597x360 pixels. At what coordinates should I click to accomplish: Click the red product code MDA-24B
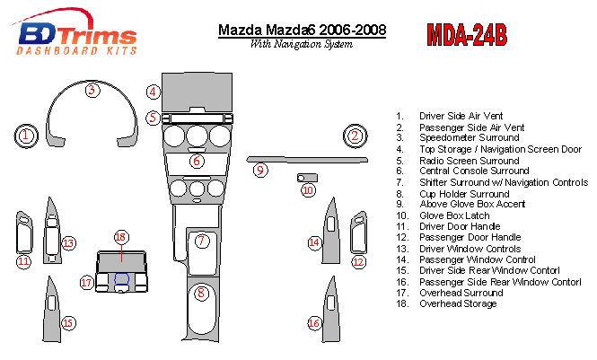467,35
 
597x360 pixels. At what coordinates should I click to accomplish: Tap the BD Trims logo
74,32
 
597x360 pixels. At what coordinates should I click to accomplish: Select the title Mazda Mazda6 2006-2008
302,30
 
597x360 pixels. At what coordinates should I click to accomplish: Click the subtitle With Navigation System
301,44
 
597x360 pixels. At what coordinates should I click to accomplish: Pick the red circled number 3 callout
92,91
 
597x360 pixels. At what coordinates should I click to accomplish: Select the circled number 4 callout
153,92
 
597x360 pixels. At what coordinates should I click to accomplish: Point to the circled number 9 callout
260,170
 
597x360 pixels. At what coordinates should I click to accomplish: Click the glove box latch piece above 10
307,178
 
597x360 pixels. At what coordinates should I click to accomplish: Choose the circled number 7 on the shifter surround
202,241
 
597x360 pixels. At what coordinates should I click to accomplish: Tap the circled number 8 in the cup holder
201,293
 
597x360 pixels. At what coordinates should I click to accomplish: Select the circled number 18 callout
120,237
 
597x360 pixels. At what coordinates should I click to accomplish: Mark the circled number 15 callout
68,323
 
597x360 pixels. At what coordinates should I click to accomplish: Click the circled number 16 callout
314,323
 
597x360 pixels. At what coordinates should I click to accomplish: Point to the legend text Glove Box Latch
454,215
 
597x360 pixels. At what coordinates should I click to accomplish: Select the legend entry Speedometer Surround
470,137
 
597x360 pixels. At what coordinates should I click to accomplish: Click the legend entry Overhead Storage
458,303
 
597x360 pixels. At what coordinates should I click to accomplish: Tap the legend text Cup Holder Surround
464,194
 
